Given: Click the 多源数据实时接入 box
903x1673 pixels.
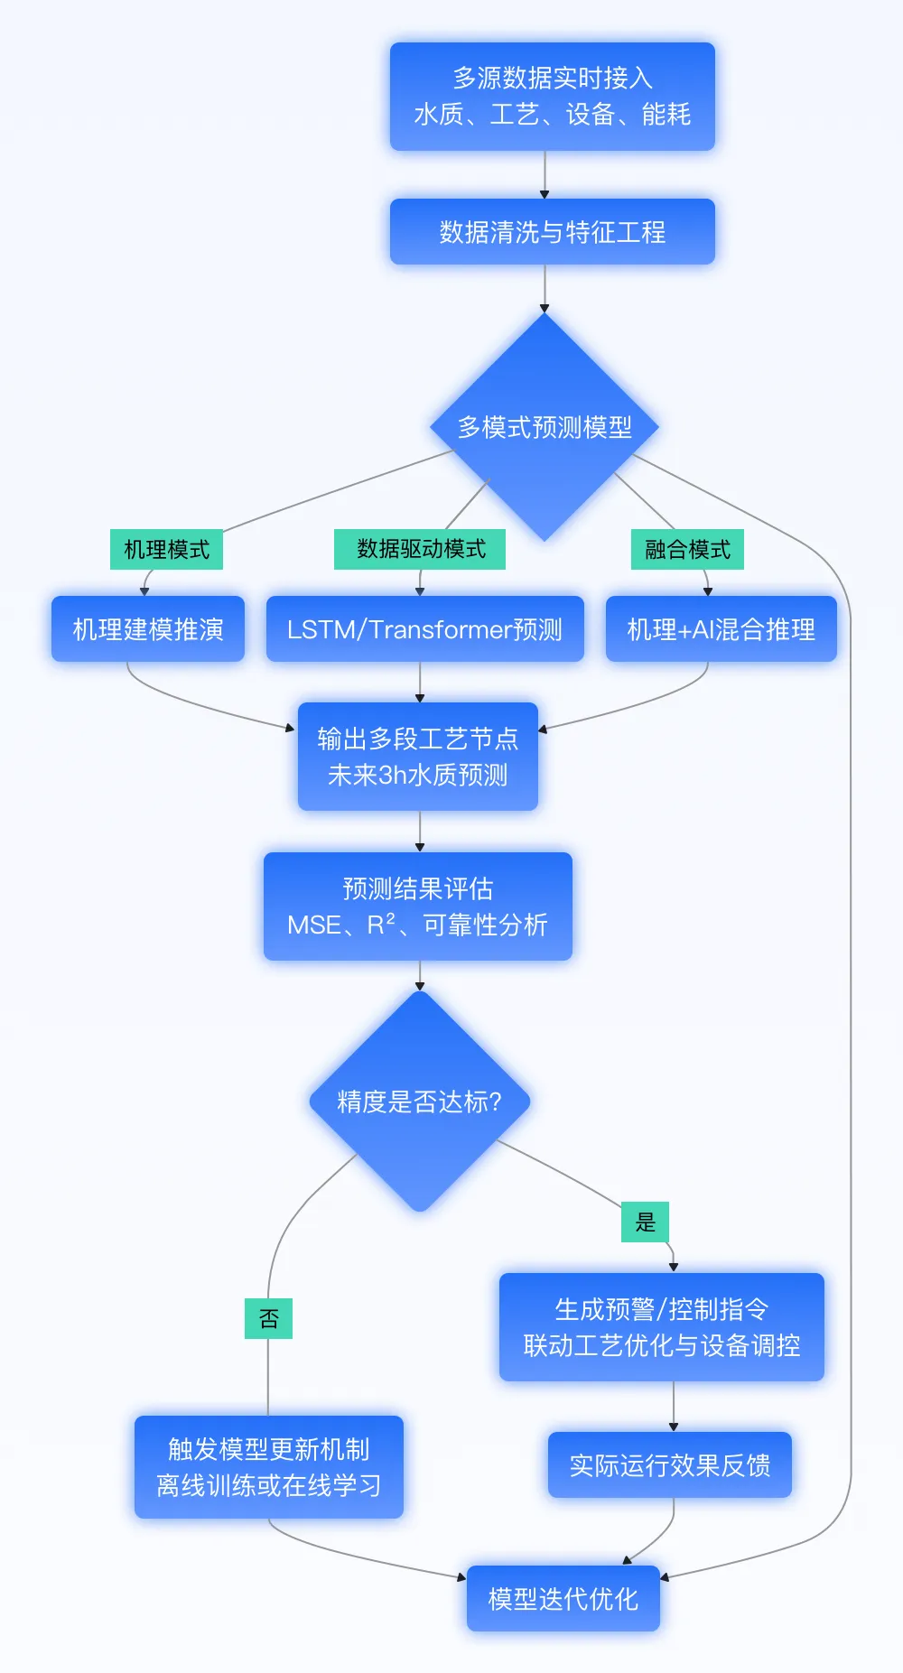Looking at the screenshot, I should pos(552,96).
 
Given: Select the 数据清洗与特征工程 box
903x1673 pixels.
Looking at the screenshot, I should pos(552,232).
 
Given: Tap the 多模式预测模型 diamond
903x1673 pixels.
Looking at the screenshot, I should pos(545,426).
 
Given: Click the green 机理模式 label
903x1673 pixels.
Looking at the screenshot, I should pos(166,549).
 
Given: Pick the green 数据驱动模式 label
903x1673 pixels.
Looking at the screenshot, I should pos(420,549).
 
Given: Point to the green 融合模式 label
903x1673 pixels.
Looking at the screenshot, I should pos(687,549).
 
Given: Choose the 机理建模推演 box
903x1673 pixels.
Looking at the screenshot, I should pos(148,629).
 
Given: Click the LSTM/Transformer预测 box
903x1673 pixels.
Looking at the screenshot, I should pos(424,629).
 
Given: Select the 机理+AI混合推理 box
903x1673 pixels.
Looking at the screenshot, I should pos(721,629).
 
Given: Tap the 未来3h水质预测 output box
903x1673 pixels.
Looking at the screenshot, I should pos(418,757).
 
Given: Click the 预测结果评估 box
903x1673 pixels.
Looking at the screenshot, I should pos(418,906).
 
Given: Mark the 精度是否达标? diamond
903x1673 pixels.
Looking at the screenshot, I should pos(419,1101).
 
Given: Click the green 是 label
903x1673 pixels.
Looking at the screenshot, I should pos(645,1222).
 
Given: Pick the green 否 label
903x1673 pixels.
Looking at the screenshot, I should pos(268,1318).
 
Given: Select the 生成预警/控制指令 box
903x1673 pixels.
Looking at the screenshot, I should pos(661,1327).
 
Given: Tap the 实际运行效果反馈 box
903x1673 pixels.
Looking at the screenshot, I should pos(669,1464).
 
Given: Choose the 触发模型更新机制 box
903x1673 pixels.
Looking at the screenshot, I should pos(268,1467).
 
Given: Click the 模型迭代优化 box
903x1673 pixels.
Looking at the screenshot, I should pos(563,1599).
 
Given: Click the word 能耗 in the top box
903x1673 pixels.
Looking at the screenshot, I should pos(666,115).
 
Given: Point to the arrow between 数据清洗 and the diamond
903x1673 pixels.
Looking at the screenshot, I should pos(545,289).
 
